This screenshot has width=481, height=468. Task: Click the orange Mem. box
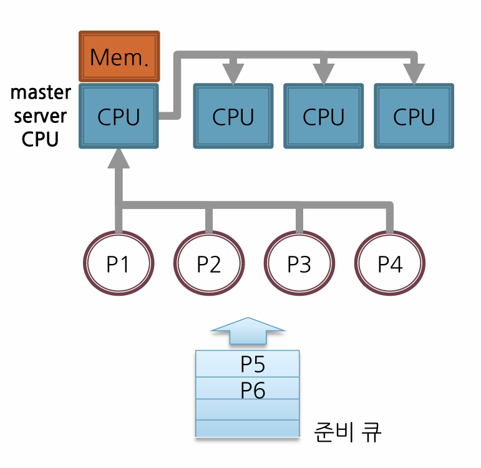[x=119, y=56]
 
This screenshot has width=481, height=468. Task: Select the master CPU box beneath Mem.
[x=119, y=116]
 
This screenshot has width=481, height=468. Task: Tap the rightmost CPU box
[x=414, y=116]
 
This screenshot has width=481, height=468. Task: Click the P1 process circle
[x=119, y=263]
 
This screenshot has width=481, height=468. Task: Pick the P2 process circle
[x=209, y=263]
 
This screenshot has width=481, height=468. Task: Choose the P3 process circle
[x=299, y=263]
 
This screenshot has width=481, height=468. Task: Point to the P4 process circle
[x=390, y=263]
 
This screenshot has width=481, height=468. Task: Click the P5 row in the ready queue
[x=248, y=364]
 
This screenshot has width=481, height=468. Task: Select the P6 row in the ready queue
[x=248, y=388]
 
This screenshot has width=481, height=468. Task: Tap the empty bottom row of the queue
[x=248, y=429]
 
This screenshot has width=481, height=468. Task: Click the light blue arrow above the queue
[x=248, y=331]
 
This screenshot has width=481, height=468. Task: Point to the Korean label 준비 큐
[x=347, y=432]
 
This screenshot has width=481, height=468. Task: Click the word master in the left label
[x=41, y=92]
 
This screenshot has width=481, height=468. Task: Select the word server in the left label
[x=40, y=116]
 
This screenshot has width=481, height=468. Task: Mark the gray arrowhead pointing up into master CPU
[x=119, y=158]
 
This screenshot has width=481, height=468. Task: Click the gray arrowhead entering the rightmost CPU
[x=414, y=74]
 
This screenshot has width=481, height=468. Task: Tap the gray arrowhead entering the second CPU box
[x=233, y=74]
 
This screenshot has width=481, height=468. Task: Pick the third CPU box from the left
[x=324, y=116]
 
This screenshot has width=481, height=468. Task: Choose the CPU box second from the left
[x=233, y=116]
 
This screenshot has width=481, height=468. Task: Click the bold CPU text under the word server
[x=40, y=139]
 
